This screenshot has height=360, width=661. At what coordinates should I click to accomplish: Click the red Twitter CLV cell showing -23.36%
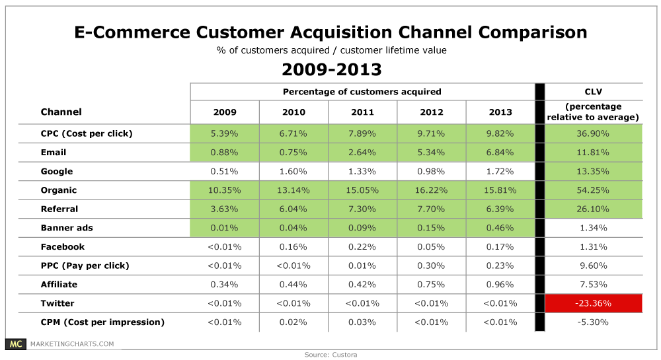pyautogui.click(x=593, y=303)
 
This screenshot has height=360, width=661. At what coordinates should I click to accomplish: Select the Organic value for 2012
pyautogui.click(x=431, y=190)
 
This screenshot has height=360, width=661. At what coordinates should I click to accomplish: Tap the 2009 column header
pyautogui.click(x=225, y=112)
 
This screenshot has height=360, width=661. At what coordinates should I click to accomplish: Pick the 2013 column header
pyautogui.click(x=500, y=112)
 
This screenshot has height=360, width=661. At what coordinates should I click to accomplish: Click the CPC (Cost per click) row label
pyautogui.click(x=87, y=133)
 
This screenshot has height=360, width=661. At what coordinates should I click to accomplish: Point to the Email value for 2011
pyautogui.click(x=362, y=153)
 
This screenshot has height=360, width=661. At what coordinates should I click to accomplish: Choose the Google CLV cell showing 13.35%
pyautogui.click(x=593, y=172)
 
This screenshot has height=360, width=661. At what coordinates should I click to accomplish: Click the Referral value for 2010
pyautogui.click(x=293, y=209)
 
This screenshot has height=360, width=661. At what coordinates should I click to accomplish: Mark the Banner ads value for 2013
pyautogui.click(x=500, y=228)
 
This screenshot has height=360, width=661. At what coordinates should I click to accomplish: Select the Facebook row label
pyautogui.click(x=63, y=247)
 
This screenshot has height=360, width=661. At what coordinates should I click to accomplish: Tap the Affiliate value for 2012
pyautogui.click(x=431, y=285)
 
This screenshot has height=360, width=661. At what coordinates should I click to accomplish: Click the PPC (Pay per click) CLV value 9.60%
pyautogui.click(x=593, y=266)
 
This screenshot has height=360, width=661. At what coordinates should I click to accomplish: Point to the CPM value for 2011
pyautogui.click(x=362, y=322)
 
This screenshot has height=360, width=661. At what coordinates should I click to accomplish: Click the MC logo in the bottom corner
pyautogui.click(x=15, y=344)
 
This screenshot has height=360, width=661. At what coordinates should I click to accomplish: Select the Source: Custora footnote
pyautogui.click(x=330, y=355)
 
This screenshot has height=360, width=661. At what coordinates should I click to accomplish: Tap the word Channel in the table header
pyautogui.click(x=61, y=112)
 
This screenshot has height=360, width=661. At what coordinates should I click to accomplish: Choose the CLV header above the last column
pyautogui.click(x=593, y=91)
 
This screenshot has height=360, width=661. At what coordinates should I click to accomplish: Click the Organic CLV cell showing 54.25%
pyautogui.click(x=593, y=190)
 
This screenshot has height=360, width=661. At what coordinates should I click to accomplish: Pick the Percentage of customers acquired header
pyautogui.click(x=362, y=91)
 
